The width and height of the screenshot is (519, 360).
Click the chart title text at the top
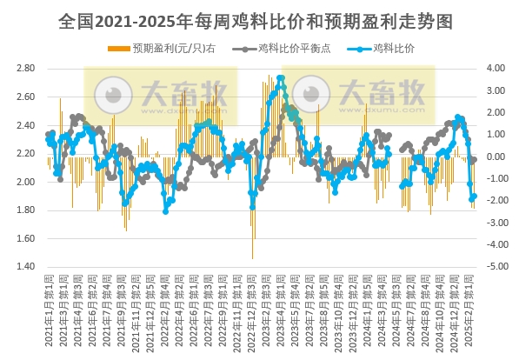pos(260,18)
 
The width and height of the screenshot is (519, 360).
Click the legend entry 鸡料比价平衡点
pos(292,50)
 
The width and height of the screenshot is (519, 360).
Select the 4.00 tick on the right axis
pos(494,68)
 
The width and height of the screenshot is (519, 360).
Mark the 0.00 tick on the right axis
pos(494,157)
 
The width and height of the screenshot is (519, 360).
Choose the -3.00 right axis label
pos(492,223)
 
